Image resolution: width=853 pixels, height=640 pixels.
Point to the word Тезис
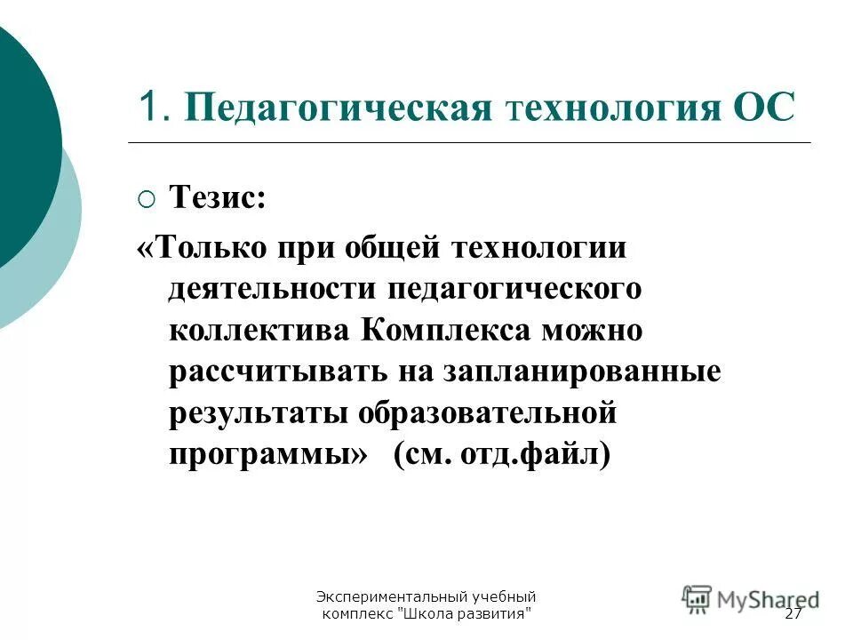coord(217,196)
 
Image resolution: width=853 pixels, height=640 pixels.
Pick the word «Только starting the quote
coord(201,247)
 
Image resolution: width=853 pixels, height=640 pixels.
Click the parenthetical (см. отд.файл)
coord(503,456)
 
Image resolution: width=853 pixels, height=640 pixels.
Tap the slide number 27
coord(793,615)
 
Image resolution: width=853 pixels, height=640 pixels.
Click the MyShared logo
coord(752,597)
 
